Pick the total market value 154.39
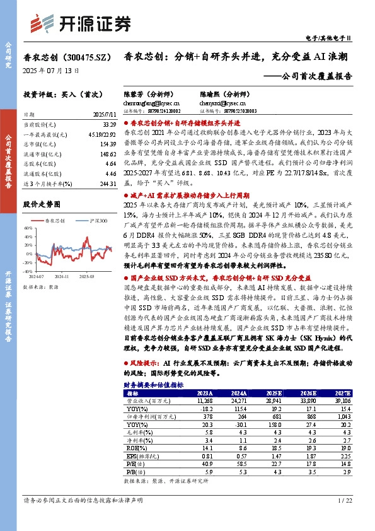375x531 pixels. coord(101,144)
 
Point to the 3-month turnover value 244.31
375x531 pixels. coord(101,182)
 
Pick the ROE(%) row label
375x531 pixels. coord(136,448)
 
